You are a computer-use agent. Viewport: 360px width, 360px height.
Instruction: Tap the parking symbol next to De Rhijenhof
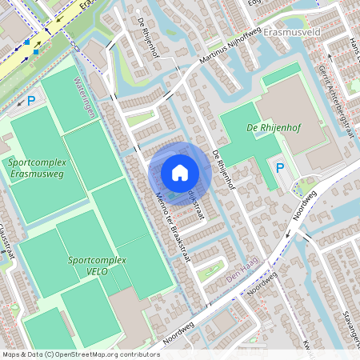[x=280, y=168]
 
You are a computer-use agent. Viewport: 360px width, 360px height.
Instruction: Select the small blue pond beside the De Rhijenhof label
[x=305, y=189]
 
